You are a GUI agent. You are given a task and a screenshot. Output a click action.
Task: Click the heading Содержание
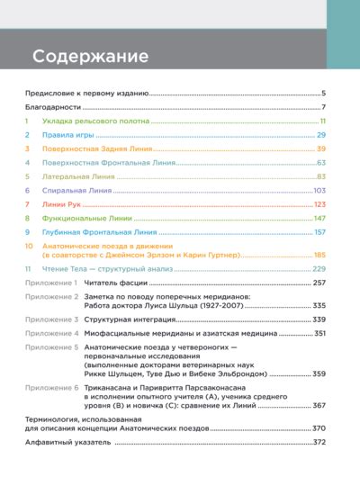90,57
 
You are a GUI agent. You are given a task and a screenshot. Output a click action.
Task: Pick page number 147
319,219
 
